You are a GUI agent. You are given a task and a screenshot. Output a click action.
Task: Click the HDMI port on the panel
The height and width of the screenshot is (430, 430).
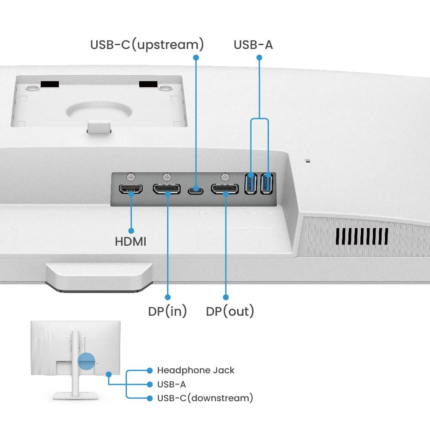coord(131,189)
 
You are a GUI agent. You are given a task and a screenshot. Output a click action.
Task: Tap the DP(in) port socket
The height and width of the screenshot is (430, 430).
coord(167,189)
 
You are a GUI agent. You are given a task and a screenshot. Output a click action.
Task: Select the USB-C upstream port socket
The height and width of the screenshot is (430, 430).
coord(196,189)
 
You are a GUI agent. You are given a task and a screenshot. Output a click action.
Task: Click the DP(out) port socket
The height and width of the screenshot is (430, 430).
coord(225,189)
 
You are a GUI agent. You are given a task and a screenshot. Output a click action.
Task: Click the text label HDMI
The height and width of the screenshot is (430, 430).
coord(131,242)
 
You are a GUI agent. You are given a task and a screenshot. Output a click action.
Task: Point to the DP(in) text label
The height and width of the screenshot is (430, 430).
coord(168,311)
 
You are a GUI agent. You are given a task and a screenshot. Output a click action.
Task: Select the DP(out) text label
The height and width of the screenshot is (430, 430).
coord(230,311)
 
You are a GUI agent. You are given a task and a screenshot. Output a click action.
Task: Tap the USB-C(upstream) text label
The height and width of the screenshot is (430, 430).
coord(147,45)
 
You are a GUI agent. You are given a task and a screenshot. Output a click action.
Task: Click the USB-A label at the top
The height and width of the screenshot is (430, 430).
coord(253,45)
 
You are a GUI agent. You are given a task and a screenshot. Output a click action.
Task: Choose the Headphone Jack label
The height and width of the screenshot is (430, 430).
coord(195,370)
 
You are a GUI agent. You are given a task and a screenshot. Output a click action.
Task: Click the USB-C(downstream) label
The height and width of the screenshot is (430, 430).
coord(205,398)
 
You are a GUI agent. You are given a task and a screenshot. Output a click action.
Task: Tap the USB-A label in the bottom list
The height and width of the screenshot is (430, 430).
coord(171,384)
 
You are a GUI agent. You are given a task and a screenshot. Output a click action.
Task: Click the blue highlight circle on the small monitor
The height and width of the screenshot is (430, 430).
coord(86,361)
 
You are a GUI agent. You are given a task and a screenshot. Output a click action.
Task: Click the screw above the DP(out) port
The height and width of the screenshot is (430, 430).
coord(225,176)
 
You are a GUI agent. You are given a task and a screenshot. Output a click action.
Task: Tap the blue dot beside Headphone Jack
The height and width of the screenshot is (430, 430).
coord(149,370)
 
